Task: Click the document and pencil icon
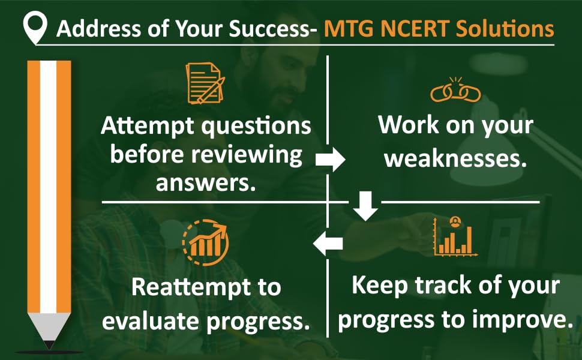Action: tap(205, 83)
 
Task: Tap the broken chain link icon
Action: tap(455, 90)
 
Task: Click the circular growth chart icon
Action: tap(205, 242)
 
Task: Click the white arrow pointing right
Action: tap(331, 160)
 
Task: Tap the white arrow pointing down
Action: tap(365, 206)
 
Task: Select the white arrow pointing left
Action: tap(328, 244)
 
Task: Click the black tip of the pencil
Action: tap(49, 345)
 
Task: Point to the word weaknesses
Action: tap(455, 158)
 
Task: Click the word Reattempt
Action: tap(191, 287)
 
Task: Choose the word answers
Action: tap(206, 182)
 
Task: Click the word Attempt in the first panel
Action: tap(148, 126)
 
